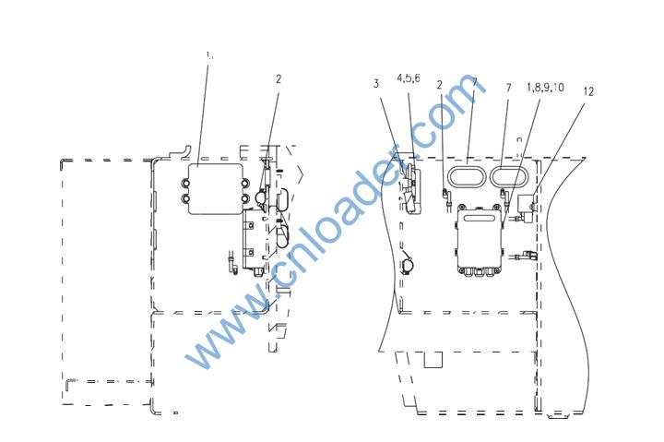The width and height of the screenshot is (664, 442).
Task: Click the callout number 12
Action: pos(588,91)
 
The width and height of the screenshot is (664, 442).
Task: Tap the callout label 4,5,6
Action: pos(409,78)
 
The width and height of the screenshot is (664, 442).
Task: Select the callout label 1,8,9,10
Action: pos(545,88)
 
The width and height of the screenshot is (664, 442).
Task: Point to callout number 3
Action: pos(376,84)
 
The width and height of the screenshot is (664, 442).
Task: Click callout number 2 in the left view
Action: pos(279,78)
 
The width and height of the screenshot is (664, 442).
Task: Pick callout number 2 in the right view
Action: pos(439,85)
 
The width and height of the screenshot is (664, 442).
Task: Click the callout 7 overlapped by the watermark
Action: pos(474,82)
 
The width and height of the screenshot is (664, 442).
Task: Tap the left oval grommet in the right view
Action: pos(465,177)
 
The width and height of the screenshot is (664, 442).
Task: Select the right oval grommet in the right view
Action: pos(508,177)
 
